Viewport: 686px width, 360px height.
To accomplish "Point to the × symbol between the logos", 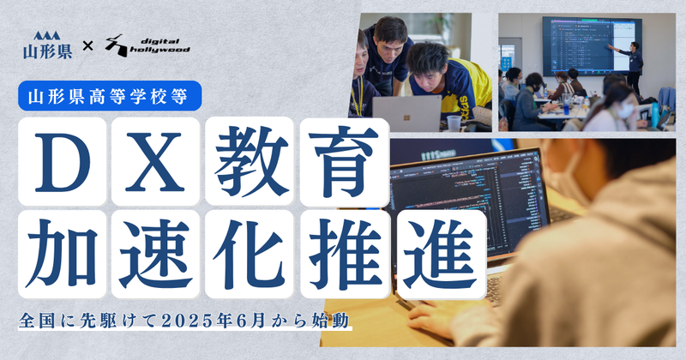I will point(87,45).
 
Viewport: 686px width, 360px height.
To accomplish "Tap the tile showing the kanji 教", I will point(248,160).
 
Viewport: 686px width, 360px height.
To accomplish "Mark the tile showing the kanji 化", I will point(248,249).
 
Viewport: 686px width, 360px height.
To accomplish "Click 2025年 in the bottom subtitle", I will point(193,324).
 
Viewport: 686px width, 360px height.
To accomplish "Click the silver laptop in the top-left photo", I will point(400,113).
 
